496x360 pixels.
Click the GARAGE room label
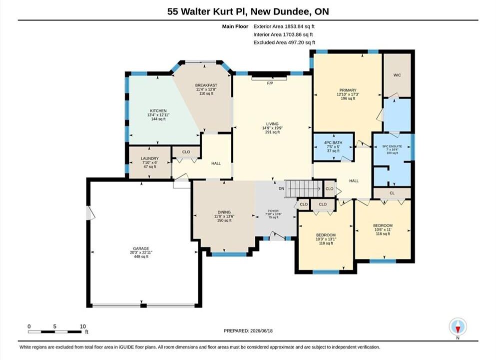[141, 248]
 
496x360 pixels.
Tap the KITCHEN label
[158, 111]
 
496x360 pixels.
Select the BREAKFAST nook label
[206, 85]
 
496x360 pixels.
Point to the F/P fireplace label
[270, 83]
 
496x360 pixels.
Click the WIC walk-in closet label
[397, 75]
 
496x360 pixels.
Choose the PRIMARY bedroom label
[348, 90]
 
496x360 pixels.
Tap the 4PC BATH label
[333, 143]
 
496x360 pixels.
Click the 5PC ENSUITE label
[392, 146]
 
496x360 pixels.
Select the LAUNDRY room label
[150, 158]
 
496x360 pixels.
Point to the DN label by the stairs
[281, 188]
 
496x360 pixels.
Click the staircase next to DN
[304, 189]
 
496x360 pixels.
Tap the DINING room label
[224, 212]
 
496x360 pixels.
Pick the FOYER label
[273, 211]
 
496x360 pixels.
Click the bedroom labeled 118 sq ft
[326, 235]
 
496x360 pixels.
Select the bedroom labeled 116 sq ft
[383, 225]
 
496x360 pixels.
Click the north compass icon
[458, 327]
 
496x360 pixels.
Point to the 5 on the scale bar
[55, 326]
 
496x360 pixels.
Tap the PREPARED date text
[248, 330]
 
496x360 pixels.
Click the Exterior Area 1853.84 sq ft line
[284, 26]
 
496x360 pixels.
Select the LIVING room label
[272, 124]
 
